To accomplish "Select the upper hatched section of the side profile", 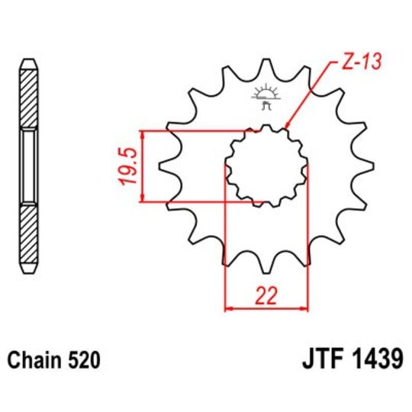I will pyautogui.click(x=27, y=98).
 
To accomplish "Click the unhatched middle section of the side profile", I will pyautogui.click(x=27, y=166).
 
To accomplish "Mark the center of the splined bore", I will pyautogui.click(x=266, y=166).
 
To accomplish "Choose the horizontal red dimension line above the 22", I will pyautogui.click(x=266, y=309).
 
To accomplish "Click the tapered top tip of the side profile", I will pyautogui.click(x=27, y=61).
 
